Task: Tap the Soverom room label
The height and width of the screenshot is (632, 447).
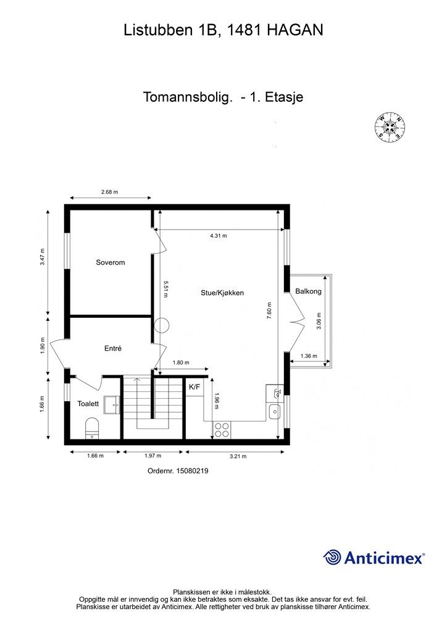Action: (111, 262)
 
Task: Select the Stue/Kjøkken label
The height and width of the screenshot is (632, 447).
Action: (222, 293)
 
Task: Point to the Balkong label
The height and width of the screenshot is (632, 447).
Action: (308, 291)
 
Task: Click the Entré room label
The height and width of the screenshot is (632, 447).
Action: (113, 349)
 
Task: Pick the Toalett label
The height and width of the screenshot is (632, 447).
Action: (88, 404)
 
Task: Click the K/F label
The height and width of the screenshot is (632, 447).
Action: (194, 387)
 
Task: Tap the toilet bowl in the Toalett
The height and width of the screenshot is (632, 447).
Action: (93, 427)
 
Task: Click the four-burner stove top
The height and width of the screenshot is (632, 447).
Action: (222, 430)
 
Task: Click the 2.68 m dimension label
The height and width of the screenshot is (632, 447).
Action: (109, 193)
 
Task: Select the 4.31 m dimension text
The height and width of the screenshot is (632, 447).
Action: (218, 236)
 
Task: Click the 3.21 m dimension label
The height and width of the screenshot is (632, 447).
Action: (238, 456)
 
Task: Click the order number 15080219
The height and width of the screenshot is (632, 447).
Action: (178, 471)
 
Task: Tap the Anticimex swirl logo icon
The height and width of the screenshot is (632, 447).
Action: (333, 557)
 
